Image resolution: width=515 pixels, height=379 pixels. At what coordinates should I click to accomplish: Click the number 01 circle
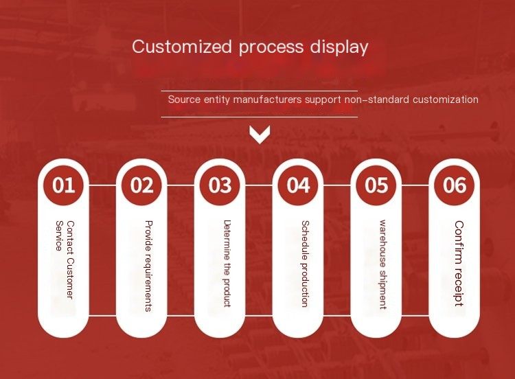(63, 185)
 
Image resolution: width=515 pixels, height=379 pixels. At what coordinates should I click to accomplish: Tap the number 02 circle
(141, 185)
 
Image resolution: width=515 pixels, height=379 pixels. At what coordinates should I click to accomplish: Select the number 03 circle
(220, 185)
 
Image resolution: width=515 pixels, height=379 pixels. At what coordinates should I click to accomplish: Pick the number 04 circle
(298, 185)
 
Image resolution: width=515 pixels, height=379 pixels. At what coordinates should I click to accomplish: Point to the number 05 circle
(376, 185)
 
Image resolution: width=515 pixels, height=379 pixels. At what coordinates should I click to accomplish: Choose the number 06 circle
(455, 185)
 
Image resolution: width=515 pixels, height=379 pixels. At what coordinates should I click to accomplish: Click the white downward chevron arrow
(260, 135)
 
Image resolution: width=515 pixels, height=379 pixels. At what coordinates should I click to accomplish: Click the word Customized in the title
(182, 46)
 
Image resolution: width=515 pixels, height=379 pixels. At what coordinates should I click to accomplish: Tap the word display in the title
(339, 47)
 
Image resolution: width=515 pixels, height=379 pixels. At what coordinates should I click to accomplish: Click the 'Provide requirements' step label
(149, 266)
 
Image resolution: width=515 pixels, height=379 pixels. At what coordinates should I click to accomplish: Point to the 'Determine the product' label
(227, 264)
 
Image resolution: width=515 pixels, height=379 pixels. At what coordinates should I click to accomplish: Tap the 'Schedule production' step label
(305, 264)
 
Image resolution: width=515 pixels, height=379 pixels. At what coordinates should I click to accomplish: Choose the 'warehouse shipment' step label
(383, 265)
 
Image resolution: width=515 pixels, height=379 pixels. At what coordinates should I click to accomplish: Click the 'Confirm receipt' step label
(459, 264)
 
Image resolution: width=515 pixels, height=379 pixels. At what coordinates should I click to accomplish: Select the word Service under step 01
(59, 236)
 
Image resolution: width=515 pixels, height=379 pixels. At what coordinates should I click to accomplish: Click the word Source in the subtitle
(184, 99)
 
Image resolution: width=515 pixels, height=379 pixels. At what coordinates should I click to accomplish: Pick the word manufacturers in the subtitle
(267, 99)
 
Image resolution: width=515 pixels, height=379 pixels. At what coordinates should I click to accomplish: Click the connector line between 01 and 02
(102, 185)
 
